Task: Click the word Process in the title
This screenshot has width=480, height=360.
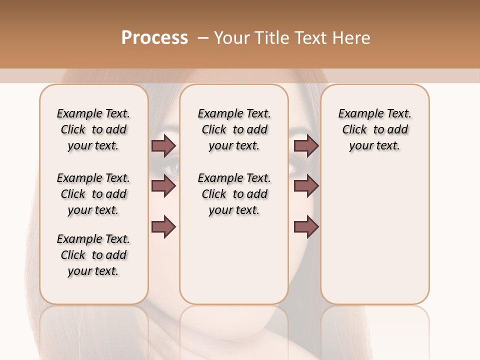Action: coord(154,38)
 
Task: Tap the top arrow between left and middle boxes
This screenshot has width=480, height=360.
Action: coord(164,145)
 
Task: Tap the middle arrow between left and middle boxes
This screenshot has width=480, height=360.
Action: coord(164,186)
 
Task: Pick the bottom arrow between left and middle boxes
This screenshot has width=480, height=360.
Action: coord(164,227)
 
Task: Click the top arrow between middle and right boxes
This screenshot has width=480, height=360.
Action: coord(306,145)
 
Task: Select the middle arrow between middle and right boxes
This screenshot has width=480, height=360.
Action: coord(306,186)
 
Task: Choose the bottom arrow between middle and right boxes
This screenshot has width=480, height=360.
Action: coord(306,227)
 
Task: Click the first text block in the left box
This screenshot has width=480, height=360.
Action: coord(93,129)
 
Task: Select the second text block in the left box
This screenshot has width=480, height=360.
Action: coord(93,194)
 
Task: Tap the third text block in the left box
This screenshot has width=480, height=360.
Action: coord(93,255)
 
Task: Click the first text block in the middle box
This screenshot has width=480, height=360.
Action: coord(234,129)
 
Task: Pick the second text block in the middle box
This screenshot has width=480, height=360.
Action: coord(234,194)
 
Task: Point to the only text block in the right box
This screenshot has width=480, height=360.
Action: coord(374,129)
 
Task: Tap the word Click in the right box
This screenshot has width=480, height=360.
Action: coord(354,130)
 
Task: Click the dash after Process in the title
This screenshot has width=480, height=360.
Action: coord(202,38)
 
